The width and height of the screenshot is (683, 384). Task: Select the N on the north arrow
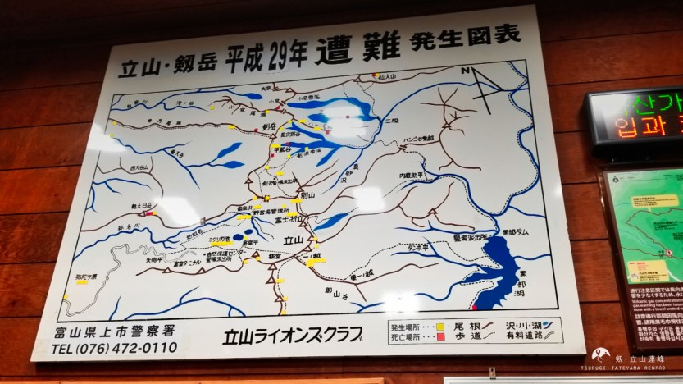tap(465, 71)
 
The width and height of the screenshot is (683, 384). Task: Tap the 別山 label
tap(308, 195)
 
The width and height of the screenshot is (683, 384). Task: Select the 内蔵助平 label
tap(415, 176)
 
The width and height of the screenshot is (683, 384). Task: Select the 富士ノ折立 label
tap(294, 219)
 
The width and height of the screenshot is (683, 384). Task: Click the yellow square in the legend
tap(440, 325)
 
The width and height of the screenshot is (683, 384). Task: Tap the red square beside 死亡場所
tap(440, 336)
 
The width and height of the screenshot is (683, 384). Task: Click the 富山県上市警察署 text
tap(116, 331)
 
